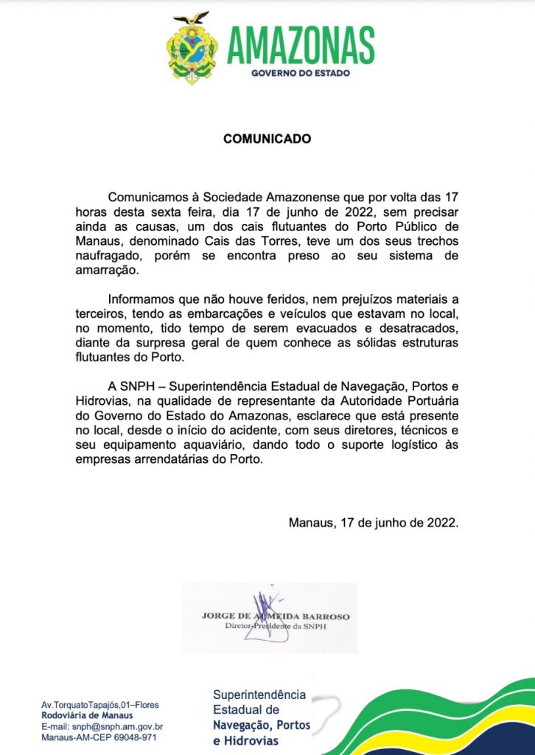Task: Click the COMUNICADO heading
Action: tap(267, 139)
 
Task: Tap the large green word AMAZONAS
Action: tap(300, 45)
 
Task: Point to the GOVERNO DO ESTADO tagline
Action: tap(300, 74)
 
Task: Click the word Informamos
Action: tap(143, 301)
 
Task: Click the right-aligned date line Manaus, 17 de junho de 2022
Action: tap(374, 523)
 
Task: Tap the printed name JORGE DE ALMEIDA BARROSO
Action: tap(276, 616)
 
